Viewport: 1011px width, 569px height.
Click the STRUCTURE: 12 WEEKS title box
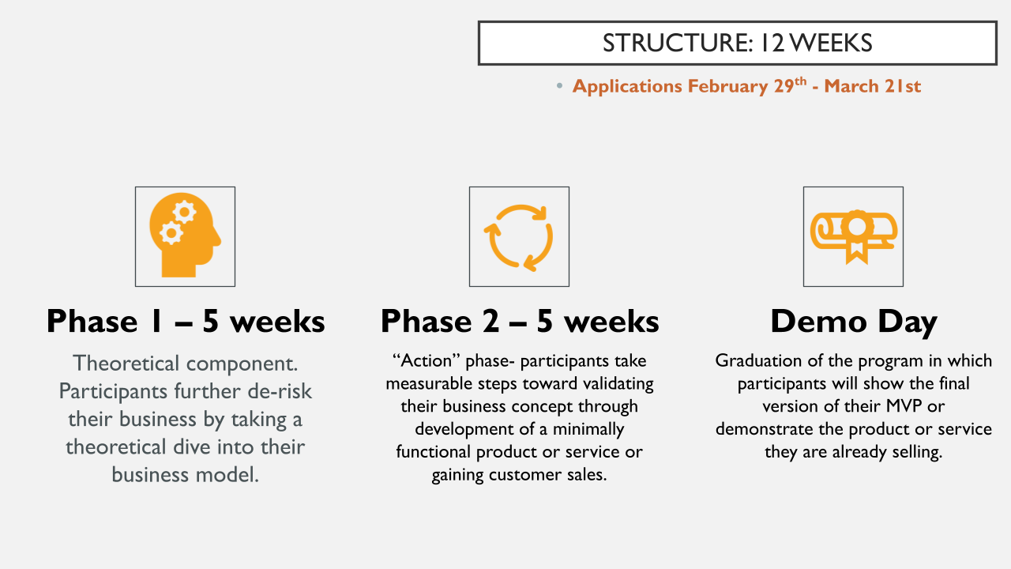pyautogui.click(x=737, y=43)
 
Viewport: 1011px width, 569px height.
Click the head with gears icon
pyautogui.click(x=185, y=236)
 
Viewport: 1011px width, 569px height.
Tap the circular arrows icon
pyautogui.click(x=519, y=236)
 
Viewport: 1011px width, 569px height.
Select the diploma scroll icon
pyautogui.click(x=853, y=236)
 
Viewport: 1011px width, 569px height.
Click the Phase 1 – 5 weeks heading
pyautogui.click(x=186, y=322)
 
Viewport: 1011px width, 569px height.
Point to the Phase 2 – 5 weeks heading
pyautogui.click(x=519, y=322)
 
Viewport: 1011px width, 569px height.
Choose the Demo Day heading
pyautogui.click(x=853, y=322)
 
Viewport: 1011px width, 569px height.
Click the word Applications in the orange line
pyautogui.click(x=627, y=86)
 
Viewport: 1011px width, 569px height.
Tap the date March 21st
pyautogui.click(x=872, y=86)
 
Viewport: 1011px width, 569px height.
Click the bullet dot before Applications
pyautogui.click(x=560, y=86)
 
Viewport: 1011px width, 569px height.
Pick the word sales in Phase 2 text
pyautogui.click(x=585, y=476)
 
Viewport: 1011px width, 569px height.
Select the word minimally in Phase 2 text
pyautogui.click(x=584, y=430)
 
